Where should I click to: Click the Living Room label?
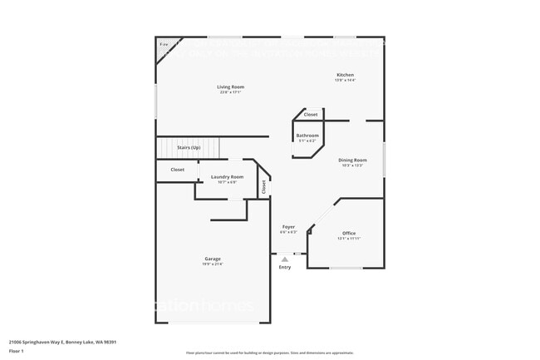point(230,86)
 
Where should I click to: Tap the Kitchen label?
point(344,75)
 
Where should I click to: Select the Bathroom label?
point(307,135)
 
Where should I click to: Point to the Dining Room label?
point(352,160)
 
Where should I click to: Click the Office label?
point(349,233)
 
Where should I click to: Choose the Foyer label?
point(288,226)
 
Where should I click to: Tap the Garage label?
point(213,259)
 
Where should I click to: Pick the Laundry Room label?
point(227,176)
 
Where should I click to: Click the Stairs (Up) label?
point(189,147)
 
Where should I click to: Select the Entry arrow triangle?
point(285,260)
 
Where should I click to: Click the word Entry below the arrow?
point(285,267)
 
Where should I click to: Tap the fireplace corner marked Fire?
point(164,44)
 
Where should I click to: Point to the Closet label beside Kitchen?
point(310,115)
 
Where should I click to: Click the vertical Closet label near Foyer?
point(264,187)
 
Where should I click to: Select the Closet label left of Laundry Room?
point(178,170)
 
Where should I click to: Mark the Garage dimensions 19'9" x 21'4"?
point(213,264)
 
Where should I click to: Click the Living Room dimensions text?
point(230,92)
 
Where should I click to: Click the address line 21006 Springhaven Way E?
point(62,341)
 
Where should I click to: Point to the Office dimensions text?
point(349,239)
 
